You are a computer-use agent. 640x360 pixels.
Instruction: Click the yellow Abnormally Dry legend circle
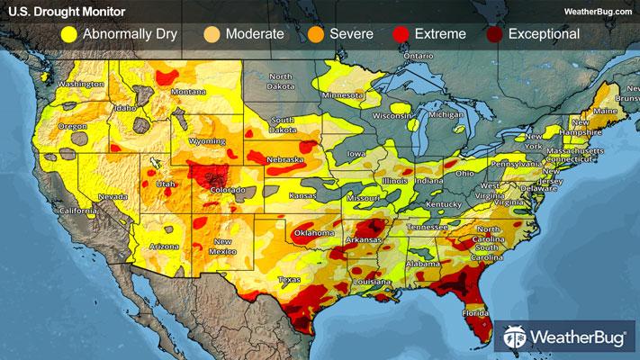68,34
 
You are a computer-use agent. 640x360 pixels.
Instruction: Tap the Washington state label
77,85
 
